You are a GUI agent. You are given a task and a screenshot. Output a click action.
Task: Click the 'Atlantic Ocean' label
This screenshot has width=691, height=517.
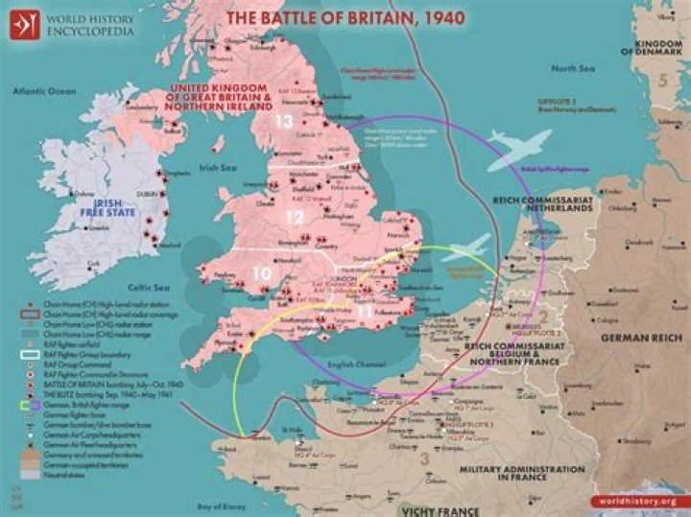pos(43,91)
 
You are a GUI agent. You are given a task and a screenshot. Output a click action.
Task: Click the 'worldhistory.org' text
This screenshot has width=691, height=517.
pos(637,500)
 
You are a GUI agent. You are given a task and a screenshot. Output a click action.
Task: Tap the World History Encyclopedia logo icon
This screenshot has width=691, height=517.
pos(20,22)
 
